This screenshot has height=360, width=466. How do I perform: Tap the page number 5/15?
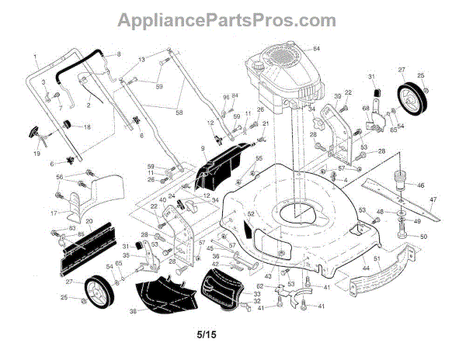(x=207, y=335)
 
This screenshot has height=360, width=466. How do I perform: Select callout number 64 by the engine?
(x=316, y=49)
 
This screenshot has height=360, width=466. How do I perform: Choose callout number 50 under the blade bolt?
(x=423, y=236)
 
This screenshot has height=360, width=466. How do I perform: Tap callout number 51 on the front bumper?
(x=376, y=258)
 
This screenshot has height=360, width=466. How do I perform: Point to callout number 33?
(x=257, y=294)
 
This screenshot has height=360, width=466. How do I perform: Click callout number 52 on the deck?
(x=251, y=214)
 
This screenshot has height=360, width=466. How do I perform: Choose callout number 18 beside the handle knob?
(x=87, y=126)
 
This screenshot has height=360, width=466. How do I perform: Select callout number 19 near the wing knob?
(x=36, y=154)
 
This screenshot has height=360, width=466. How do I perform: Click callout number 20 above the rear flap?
(x=89, y=222)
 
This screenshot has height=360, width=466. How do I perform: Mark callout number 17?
(x=54, y=213)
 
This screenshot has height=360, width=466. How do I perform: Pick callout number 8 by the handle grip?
(x=119, y=54)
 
